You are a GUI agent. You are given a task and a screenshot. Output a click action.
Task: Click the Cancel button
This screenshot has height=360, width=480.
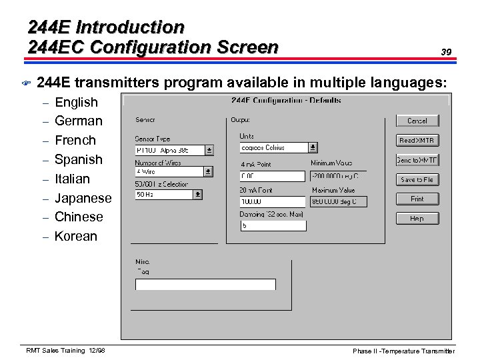click(417, 121)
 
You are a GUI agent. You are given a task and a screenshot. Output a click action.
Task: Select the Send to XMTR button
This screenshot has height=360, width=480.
click(417, 160)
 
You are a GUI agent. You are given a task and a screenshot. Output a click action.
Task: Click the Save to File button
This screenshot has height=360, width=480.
click(417, 179)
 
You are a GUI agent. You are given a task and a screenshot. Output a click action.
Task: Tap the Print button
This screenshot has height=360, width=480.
click(417, 199)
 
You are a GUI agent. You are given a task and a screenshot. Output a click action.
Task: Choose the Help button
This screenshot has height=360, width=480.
click(417, 218)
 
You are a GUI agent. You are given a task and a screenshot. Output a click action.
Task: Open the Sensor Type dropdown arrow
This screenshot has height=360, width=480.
click(209, 151)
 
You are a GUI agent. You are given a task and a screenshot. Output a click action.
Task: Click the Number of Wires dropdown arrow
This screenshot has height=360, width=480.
click(209, 172)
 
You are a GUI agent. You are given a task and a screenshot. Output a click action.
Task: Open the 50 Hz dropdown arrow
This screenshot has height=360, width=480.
click(197, 195)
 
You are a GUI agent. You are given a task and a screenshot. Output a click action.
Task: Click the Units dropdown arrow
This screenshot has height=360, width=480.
click(313, 148)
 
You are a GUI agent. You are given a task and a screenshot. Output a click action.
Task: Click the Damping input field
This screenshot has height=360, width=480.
click(272, 225)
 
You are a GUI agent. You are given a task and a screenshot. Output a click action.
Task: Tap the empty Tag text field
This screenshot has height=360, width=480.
click(205, 285)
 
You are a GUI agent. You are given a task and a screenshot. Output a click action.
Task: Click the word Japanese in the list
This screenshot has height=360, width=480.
click(83, 198)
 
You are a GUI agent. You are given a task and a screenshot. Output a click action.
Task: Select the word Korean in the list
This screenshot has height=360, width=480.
click(76, 236)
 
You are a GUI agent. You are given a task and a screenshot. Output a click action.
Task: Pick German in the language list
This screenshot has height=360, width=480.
click(79, 121)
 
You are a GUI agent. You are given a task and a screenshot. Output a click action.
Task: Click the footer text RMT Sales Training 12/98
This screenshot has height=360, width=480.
click(65, 351)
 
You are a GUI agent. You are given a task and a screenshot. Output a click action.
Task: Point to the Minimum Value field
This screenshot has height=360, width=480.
click(338, 176)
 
